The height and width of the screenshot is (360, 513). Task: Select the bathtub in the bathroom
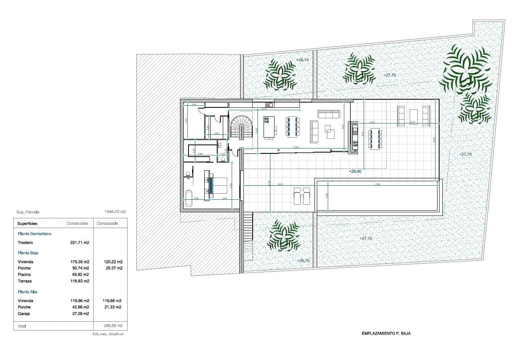188,198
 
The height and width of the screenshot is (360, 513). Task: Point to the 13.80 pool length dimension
378,184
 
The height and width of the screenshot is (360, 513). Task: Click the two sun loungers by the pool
302,195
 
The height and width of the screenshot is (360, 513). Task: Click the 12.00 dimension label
296,147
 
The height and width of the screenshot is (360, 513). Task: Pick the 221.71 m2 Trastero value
80,243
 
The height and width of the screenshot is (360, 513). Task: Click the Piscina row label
25,274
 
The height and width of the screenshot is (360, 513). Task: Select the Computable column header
107,223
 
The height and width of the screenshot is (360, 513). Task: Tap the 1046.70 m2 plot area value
115,211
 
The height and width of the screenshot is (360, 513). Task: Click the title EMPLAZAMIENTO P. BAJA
386,333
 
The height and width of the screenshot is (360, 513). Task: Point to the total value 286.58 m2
113,325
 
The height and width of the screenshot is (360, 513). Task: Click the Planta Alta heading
28,291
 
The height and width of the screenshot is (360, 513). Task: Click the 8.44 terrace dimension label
281,184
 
